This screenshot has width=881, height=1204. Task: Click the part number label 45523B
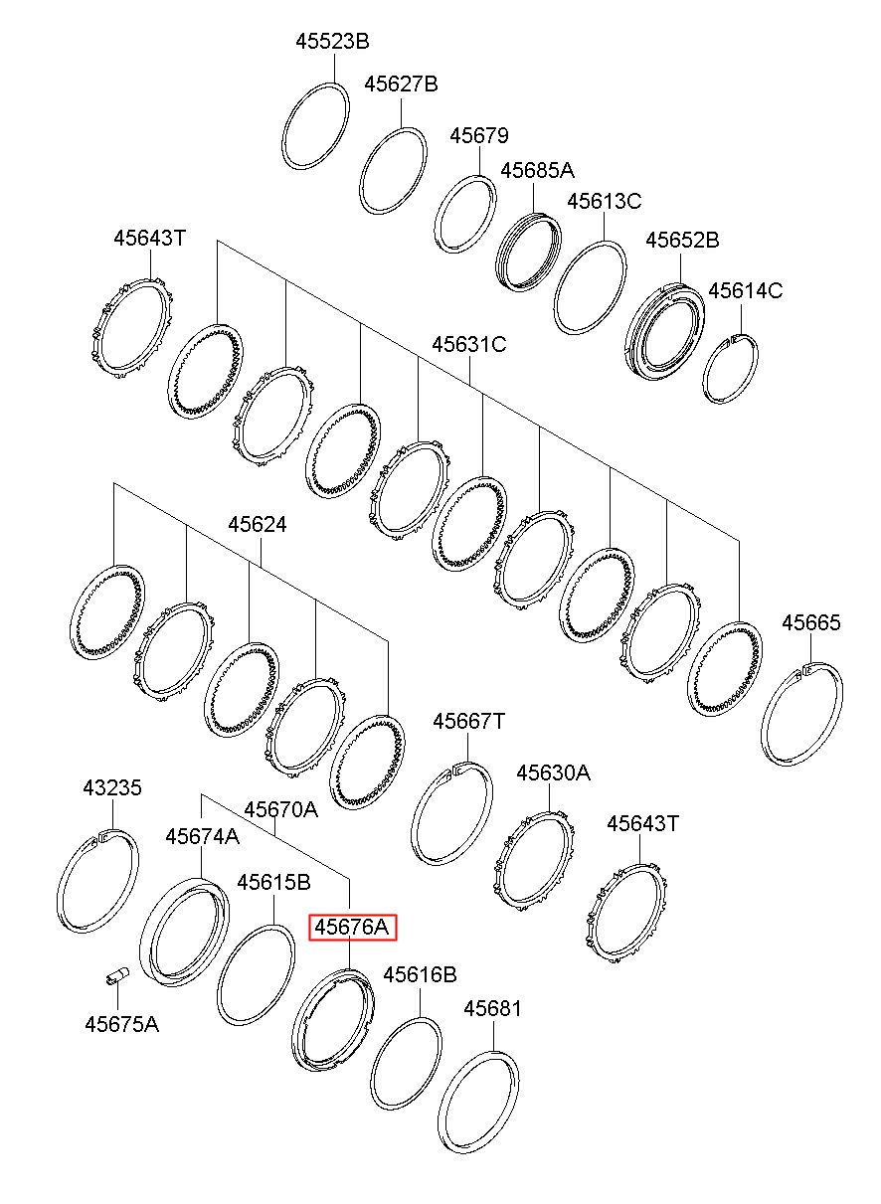click(332, 42)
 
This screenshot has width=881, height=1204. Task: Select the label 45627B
click(401, 84)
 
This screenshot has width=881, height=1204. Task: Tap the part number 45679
click(479, 135)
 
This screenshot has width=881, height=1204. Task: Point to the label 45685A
click(538, 170)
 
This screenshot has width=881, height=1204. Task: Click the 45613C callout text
click(605, 201)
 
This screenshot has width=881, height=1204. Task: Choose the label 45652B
click(682, 240)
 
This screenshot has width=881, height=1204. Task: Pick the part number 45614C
click(745, 290)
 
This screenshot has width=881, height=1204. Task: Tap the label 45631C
click(469, 344)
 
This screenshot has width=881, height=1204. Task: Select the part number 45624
click(257, 524)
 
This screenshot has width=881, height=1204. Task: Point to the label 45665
click(810, 623)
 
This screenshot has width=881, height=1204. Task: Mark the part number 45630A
click(553, 773)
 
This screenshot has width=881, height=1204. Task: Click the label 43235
click(112, 788)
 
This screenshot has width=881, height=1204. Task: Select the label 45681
click(492, 1009)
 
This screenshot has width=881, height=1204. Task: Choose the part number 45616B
click(420, 974)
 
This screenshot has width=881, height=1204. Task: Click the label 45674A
click(202, 836)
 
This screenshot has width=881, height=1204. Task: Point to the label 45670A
click(280, 809)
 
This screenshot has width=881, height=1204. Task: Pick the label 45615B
click(273, 882)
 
